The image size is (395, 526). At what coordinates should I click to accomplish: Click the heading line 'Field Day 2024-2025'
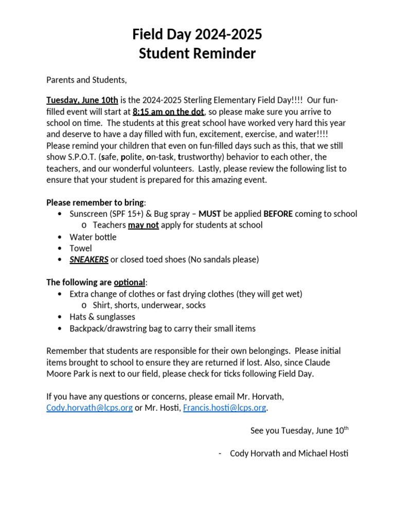[x=197, y=34]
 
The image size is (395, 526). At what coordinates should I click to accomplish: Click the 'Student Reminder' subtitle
[x=197, y=53]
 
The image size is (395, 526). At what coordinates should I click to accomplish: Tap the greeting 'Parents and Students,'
[x=86, y=80]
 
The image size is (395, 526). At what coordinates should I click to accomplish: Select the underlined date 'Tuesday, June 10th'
[x=82, y=100]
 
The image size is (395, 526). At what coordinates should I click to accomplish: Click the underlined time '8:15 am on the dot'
[x=168, y=111]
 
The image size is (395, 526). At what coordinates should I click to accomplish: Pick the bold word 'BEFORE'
[x=278, y=214]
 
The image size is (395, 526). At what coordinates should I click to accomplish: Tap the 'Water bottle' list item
[x=93, y=237]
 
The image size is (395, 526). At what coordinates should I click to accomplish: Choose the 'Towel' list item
[x=81, y=248]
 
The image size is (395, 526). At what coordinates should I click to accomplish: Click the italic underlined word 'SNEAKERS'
[x=89, y=259]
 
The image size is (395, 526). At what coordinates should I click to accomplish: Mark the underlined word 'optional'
[x=130, y=283]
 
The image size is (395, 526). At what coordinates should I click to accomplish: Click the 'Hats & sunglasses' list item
[x=102, y=317]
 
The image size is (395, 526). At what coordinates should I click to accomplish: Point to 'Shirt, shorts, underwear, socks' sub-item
[x=149, y=305]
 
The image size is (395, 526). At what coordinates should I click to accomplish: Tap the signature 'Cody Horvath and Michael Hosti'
[x=289, y=454]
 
